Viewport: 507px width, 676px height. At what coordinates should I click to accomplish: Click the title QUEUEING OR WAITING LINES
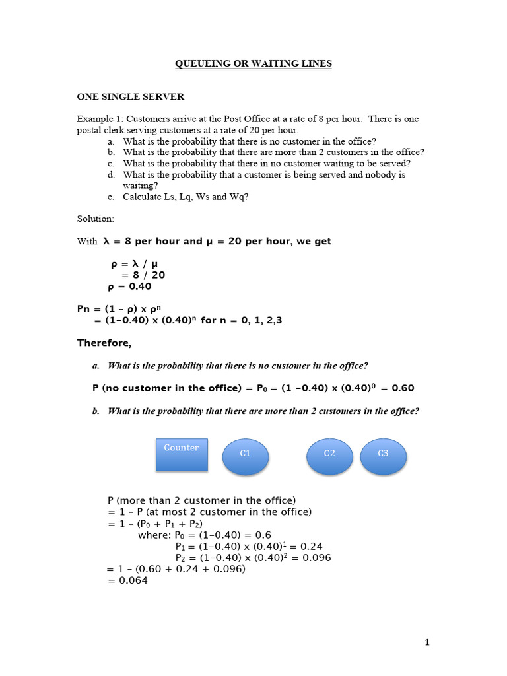click(x=253, y=63)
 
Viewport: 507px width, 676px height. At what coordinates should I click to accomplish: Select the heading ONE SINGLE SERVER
click(x=131, y=96)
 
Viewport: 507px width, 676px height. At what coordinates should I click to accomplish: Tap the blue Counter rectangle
click(x=182, y=455)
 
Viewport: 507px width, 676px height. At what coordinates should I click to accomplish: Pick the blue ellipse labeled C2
click(x=329, y=454)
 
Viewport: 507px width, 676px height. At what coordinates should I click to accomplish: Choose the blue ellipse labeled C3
click(x=383, y=454)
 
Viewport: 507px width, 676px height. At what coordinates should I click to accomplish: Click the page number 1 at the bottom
click(x=427, y=642)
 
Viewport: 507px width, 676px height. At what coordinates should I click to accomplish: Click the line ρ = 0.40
click(x=129, y=287)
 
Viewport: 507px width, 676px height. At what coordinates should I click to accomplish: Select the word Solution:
click(x=96, y=218)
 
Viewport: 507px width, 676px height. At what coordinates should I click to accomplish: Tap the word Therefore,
click(x=104, y=343)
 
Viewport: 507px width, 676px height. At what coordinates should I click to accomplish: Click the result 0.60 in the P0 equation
click(x=403, y=388)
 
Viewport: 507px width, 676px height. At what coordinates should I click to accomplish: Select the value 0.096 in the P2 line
click(x=316, y=558)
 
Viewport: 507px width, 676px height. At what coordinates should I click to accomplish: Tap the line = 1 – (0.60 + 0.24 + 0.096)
click(x=176, y=569)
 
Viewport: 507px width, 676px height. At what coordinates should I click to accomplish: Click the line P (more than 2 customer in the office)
click(x=201, y=500)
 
